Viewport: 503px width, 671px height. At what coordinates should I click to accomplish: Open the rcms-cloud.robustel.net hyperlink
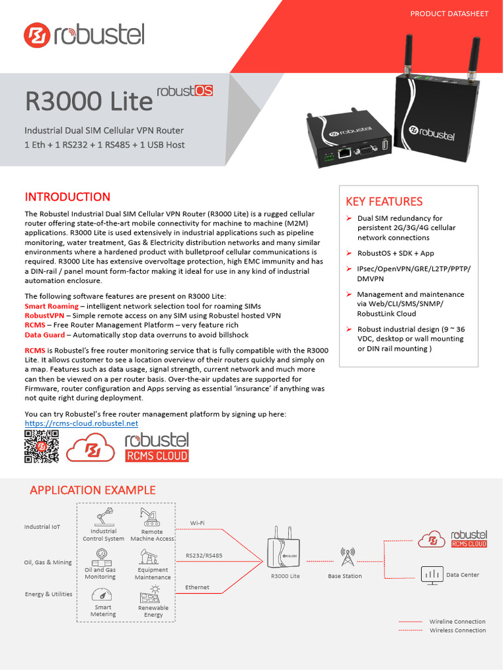pyautogui.click(x=81, y=423)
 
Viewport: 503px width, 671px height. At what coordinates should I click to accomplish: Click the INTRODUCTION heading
pyautogui.click(x=67, y=197)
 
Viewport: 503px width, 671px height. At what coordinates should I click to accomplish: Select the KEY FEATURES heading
pyautogui.click(x=384, y=201)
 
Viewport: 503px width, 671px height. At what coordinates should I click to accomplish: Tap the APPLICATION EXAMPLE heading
pyautogui.click(x=92, y=489)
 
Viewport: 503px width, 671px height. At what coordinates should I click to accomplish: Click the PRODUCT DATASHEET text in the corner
pyautogui.click(x=449, y=14)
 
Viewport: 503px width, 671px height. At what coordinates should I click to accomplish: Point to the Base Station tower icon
pyautogui.click(x=347, y=558)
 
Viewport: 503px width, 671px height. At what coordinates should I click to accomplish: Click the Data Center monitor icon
pyautogui.click(x=430, y=575)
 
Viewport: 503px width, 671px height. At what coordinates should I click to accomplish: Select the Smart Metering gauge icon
pyautogui.click(x=103, y=594)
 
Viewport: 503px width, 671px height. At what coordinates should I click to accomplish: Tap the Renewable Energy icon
pyautogui.click(x=153, y=594)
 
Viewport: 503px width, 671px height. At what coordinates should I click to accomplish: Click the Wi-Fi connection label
pyautogui.click(x=197, y=522)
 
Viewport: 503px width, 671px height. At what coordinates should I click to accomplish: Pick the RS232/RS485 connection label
pyautogui.click(x=204, y=555)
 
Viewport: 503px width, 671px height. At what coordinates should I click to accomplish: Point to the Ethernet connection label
pyautogui.click(x=197, y=587)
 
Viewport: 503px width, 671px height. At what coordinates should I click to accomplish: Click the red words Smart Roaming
pyautogui.click(x=51, y=306)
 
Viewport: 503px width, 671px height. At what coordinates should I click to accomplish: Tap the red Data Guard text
pyautogui.click(x=45, y=334)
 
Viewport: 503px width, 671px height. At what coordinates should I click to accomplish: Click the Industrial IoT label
pyautogui.click(x=47, y=527)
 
